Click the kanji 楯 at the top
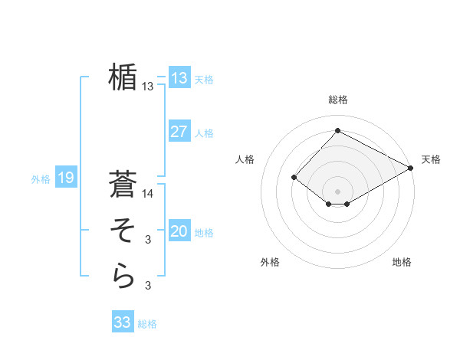coord(123,77)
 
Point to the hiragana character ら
coord(123,277)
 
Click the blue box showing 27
coord(179,132)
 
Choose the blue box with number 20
coord(179,231)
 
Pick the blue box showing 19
coord(65,178)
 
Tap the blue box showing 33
coord(123,322)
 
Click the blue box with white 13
coord(179,78)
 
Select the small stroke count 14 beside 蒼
coord(148,194)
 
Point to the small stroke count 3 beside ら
coord(148,286)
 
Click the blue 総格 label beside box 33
coord(147,324)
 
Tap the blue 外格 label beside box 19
coord(41,179)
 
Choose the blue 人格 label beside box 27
coord(204,133)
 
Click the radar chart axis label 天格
coord(431,159)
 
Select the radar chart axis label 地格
coord(402,262)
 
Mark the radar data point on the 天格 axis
coord(412,169)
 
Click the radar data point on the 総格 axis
coord(337,131)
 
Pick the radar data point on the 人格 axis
coord(294,178)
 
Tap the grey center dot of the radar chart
coord(337,191)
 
